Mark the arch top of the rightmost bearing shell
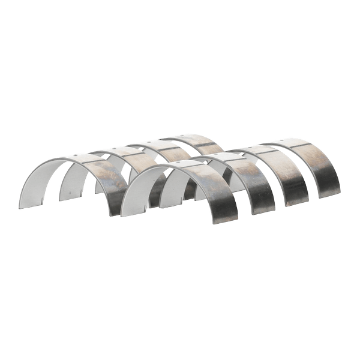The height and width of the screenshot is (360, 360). (x=294, y=143)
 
